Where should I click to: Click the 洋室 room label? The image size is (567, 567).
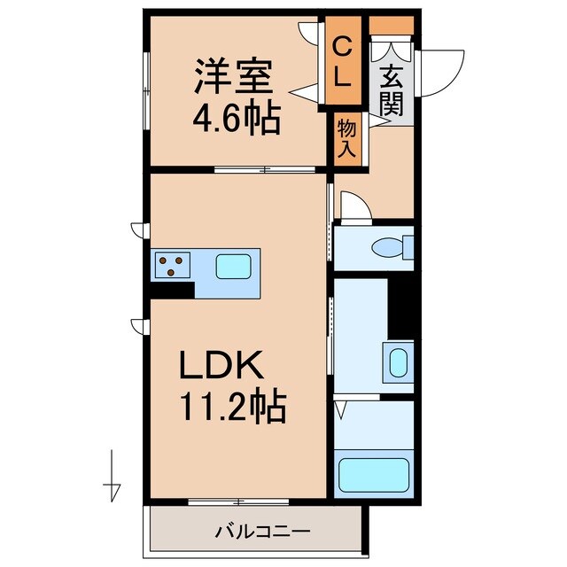point(233,78)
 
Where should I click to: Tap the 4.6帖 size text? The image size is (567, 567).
point(237,117)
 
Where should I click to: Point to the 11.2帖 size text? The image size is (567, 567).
point(234,407)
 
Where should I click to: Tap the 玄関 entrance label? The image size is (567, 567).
point(391,92)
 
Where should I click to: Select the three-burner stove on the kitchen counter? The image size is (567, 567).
point(173,264)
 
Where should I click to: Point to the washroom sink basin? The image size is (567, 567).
point(399,361)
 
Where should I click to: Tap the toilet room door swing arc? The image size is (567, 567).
point(354,208)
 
